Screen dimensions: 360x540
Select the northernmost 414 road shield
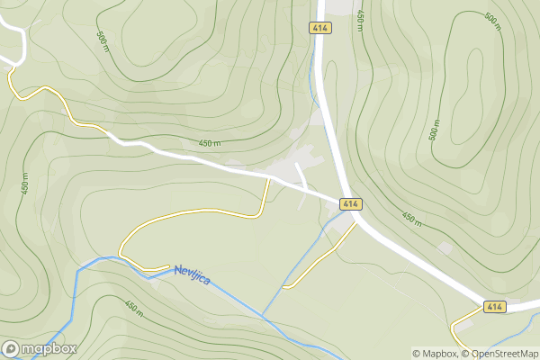(319, 28)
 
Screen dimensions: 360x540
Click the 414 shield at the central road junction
(350, 205)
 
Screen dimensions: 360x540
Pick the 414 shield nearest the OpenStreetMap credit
(493, 307)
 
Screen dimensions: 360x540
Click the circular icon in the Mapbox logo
(12, 348)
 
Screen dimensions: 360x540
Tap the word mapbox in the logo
(49, 348)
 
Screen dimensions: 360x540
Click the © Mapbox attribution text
(436, 353)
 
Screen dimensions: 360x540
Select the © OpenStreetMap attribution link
(500, 353)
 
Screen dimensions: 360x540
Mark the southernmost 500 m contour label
(434, 130)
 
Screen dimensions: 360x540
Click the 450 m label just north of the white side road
(210, 144)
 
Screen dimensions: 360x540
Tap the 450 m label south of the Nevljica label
(133, 308)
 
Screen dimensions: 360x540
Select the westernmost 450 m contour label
(25, 184)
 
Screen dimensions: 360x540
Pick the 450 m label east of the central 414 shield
(410, 218)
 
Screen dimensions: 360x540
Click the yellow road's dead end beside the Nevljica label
(169, 266)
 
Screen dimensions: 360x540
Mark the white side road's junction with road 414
(343, 199)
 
